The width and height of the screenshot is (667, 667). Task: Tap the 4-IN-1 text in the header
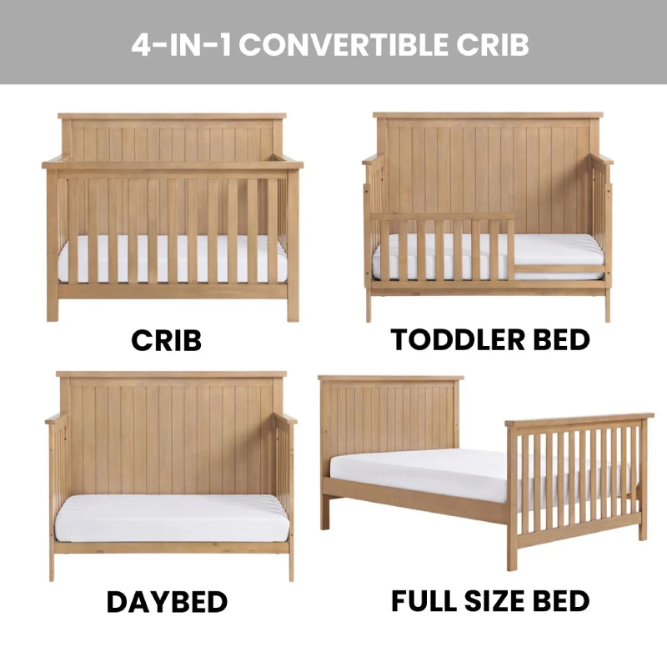click(183, 45)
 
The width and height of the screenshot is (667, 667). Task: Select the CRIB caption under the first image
click(166, 340)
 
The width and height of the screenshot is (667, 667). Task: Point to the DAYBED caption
click(167, 600)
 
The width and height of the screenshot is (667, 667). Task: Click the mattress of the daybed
click(171, 518)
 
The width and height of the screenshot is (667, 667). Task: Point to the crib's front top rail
click(172, 165)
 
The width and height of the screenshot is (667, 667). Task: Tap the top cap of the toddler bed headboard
click(488, 115)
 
